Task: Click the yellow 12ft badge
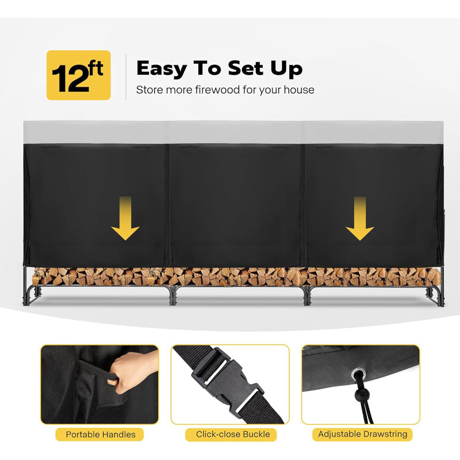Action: coord(78,75)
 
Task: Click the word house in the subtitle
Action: coord(301,90)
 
